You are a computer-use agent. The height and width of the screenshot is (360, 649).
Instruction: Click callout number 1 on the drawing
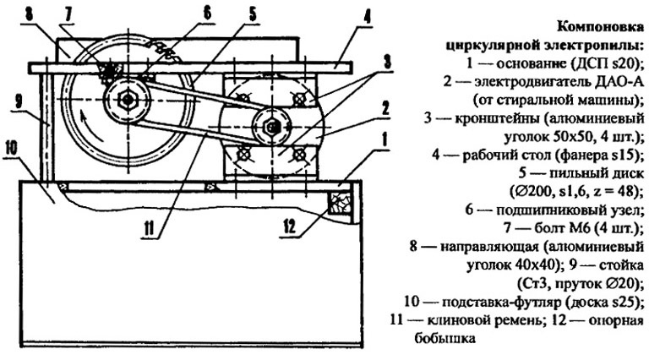[384, 141]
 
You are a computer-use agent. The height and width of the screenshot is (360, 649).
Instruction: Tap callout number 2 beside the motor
[385, 108]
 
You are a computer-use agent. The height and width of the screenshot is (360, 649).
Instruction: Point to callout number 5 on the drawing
[252, 14]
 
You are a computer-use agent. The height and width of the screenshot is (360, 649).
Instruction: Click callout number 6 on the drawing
[206, 14]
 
